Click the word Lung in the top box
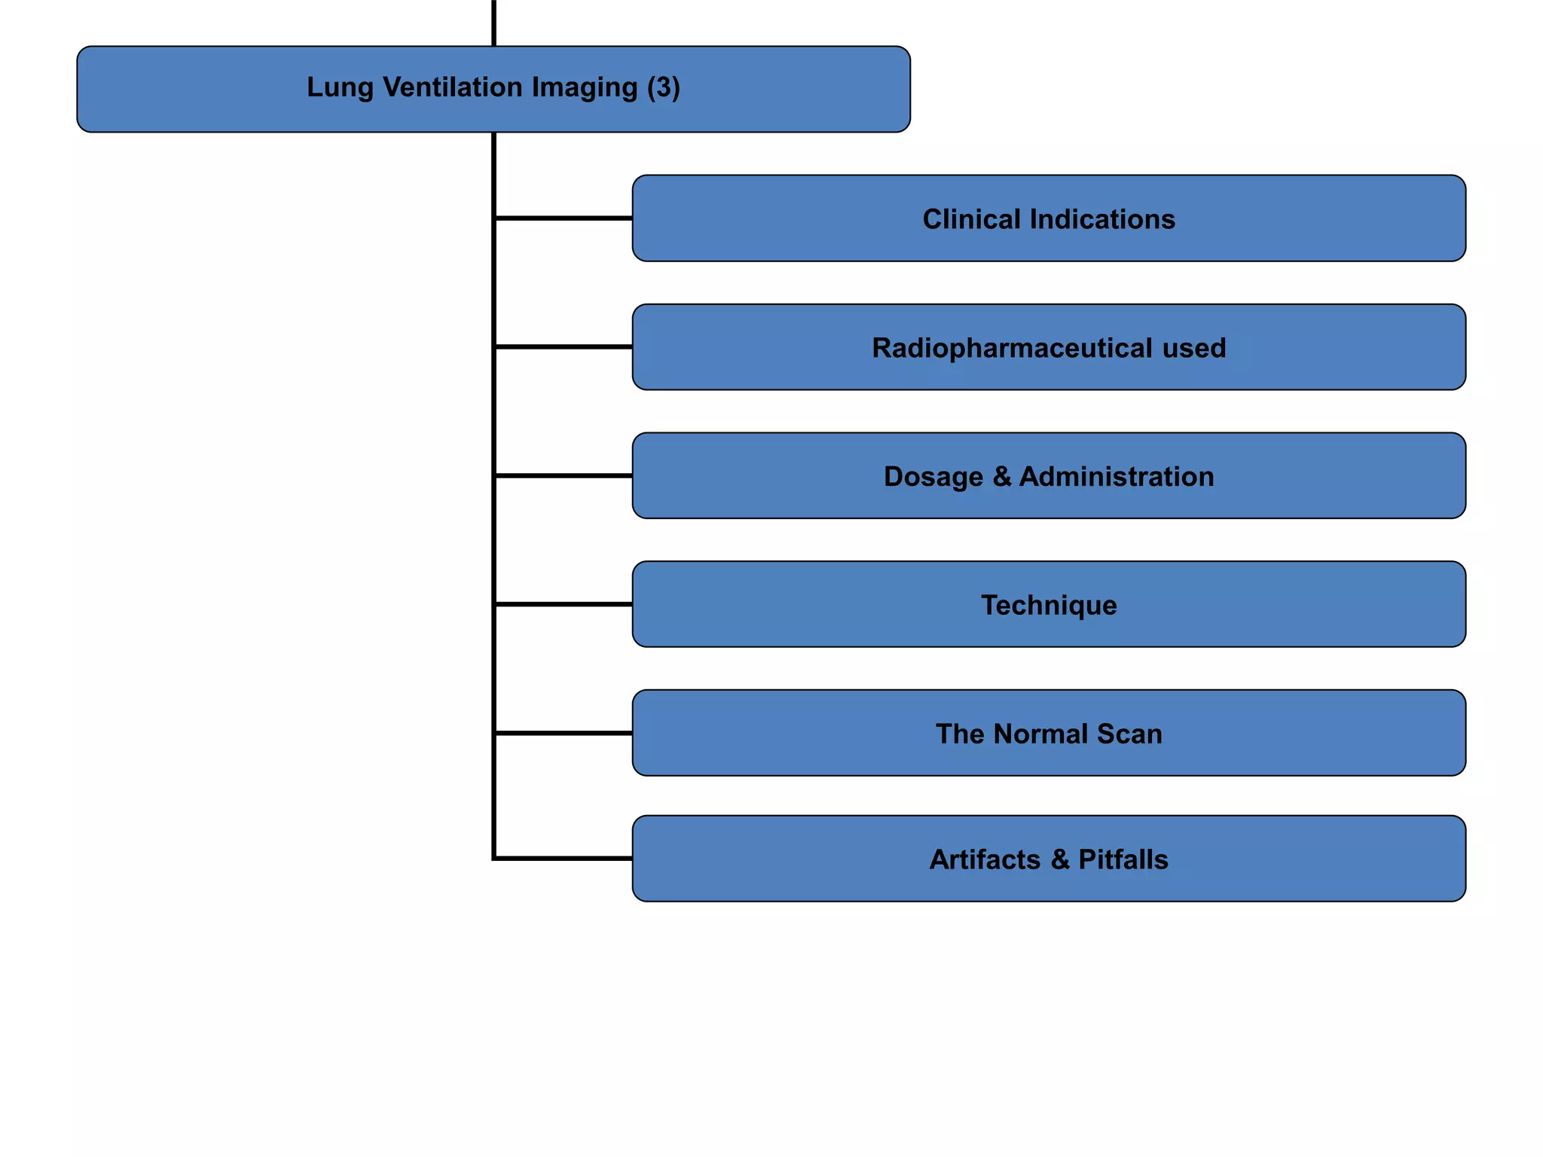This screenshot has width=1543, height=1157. (340, 88)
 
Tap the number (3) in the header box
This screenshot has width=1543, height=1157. (664, 87)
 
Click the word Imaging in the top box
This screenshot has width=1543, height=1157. (584, 88)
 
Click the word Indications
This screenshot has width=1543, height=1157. (1102, 219)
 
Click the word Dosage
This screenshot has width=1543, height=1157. (933, 477)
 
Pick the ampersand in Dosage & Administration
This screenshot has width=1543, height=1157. (1001, 477)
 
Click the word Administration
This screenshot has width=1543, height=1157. (1116, 477)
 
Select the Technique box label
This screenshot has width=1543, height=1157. (1049, 606)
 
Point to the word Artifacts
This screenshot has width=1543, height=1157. (984, 859)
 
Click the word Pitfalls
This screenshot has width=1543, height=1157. (1123, 859)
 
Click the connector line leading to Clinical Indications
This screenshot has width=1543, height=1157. (564, 218)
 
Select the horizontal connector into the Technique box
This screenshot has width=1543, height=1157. (564, 604)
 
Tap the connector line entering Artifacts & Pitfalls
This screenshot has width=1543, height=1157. (564, 858)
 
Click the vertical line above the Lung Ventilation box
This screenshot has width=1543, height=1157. (493, 23)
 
